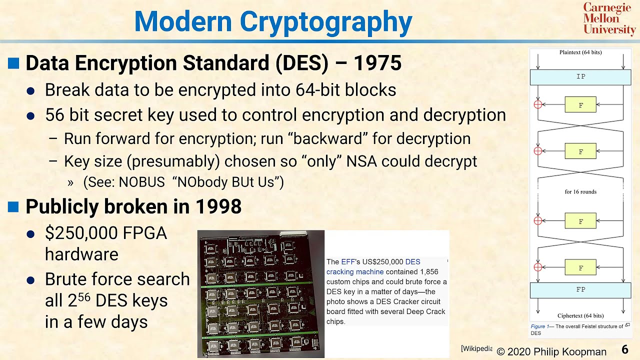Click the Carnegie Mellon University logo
(x=609, y=19)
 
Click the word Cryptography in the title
(x=325, y=22)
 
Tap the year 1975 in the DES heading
(x=377, y=63)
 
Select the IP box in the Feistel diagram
(x=580, y=77)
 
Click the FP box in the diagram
(x=580, y=290)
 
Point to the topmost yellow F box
(x=580, y=104)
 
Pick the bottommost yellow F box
(x=580, y=267)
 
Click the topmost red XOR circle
(x=538, y=104)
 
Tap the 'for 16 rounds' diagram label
(x=580, y=191)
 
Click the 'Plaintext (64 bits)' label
(x=580, y=52)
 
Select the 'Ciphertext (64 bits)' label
(x=580, y=315)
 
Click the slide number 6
(x=625, y=349)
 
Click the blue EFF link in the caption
(x=347, y=262)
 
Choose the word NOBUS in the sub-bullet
(x=141, y=182)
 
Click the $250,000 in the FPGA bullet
(x=80, y=233)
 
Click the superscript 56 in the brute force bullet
(x=84, y=296)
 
